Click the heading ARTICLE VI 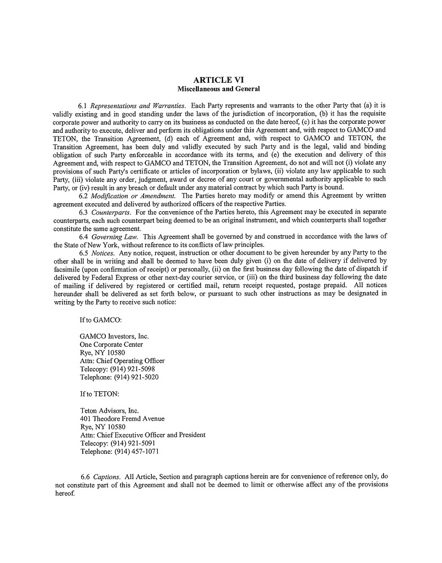tap(218, 80)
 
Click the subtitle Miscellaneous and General tap(218, 89)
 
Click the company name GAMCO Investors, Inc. tap(114, 336)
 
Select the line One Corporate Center tap(111, 345)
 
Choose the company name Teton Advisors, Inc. tap(109, 410)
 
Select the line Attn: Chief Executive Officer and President tap(143, 435)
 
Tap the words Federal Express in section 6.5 tap(135, 278)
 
